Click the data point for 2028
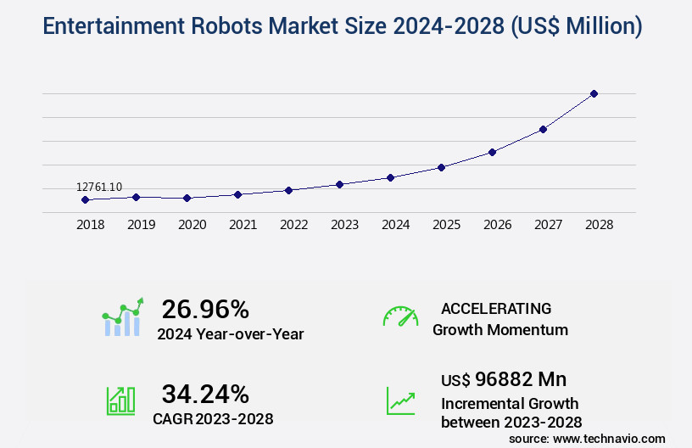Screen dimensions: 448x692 point(594,93)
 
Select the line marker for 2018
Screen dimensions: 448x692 point(85,199)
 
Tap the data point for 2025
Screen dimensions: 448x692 point(441,167)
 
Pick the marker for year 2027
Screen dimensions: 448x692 point(543,129)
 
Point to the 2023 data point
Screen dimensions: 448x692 point(339,184)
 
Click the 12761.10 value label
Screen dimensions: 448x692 point(99,187)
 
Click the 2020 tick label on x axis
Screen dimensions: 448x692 point(193,225)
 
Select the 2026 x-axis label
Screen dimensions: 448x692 point(498,225)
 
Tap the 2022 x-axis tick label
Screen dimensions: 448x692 point(294,225)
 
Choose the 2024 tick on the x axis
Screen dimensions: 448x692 point(396,225)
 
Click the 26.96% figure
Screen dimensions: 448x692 point(205,309)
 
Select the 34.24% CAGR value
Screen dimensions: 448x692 point(205,394)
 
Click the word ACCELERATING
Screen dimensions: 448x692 point(496,308)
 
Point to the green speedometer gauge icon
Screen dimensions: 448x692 point(400,316)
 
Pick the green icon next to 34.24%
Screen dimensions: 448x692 point(120,400)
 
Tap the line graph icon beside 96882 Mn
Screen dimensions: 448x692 point(400,400)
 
